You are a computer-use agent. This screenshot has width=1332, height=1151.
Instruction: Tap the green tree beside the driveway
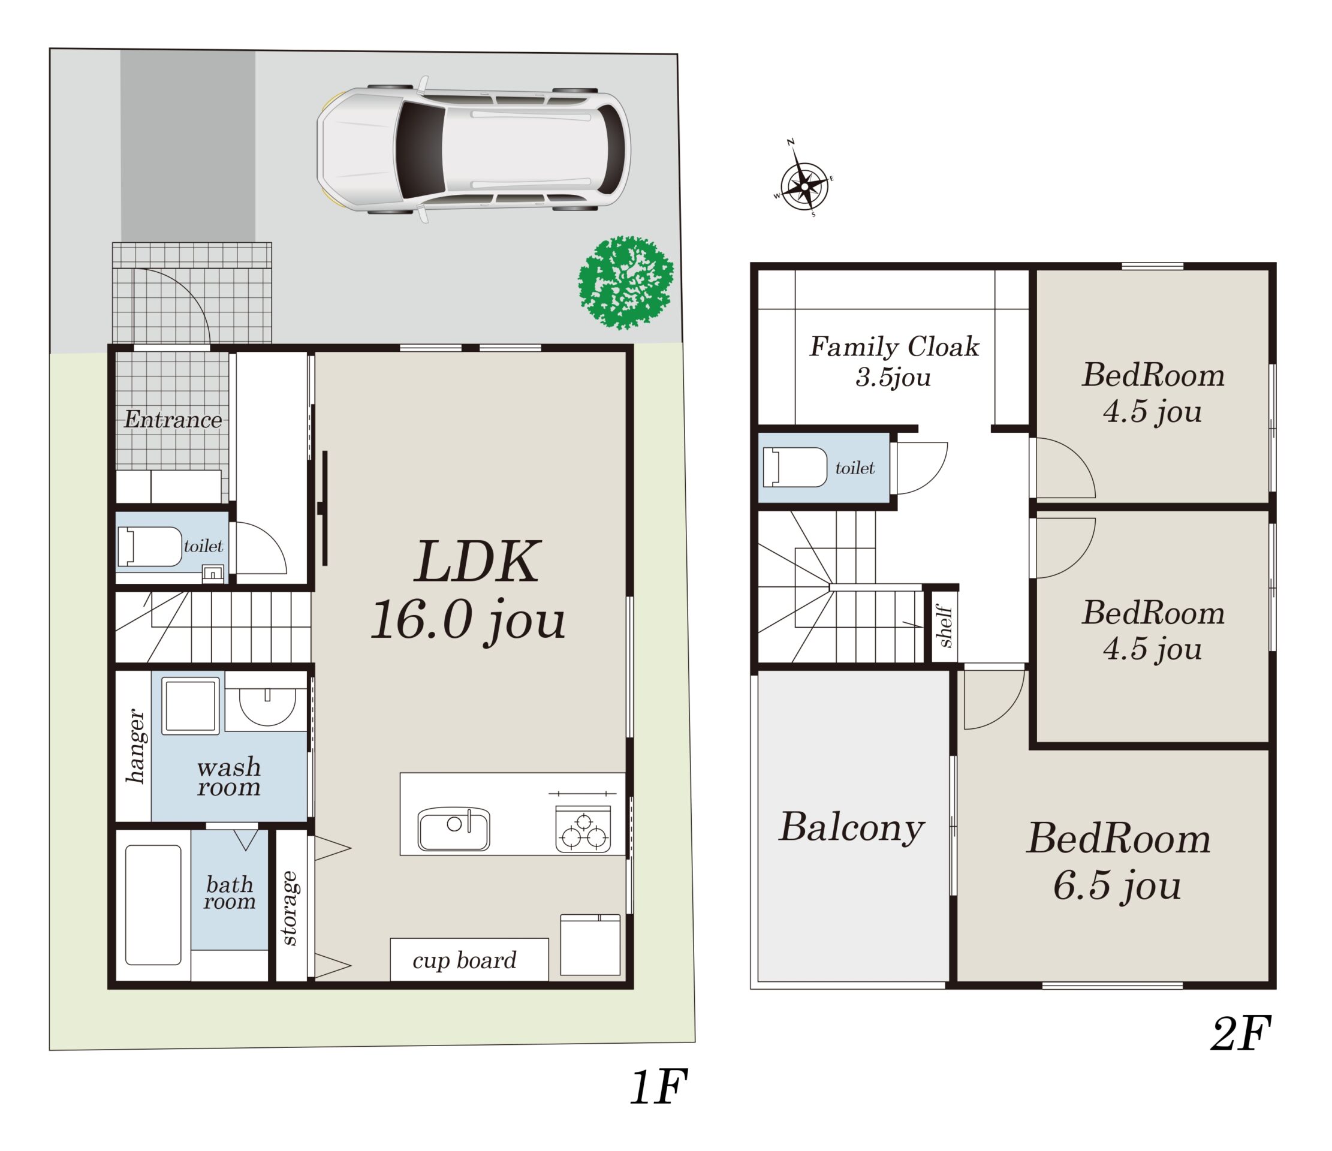tap(625, 283)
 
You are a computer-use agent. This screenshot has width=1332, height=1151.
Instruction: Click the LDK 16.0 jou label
tap(469, 590)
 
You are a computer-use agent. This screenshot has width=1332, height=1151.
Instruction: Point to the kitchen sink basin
tap(454, 830)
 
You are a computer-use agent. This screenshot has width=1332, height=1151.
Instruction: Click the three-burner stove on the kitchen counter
tap(583, 830)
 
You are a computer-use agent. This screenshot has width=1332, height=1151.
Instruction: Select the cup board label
tap(464, 961)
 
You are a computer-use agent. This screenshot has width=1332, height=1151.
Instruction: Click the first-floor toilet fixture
tap(149, 547)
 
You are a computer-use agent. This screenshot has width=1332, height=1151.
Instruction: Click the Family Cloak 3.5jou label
tap(894, 361)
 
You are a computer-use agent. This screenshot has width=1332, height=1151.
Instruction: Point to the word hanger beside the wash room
tap(134, 746)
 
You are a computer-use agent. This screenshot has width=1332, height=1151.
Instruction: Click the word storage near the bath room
tap(290, 909)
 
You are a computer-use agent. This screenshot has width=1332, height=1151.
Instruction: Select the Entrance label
tap(173, 420)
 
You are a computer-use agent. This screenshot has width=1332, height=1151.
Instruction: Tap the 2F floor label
tap(1241, 1035)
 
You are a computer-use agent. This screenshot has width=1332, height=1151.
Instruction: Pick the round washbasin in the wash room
tap(267, 707)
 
